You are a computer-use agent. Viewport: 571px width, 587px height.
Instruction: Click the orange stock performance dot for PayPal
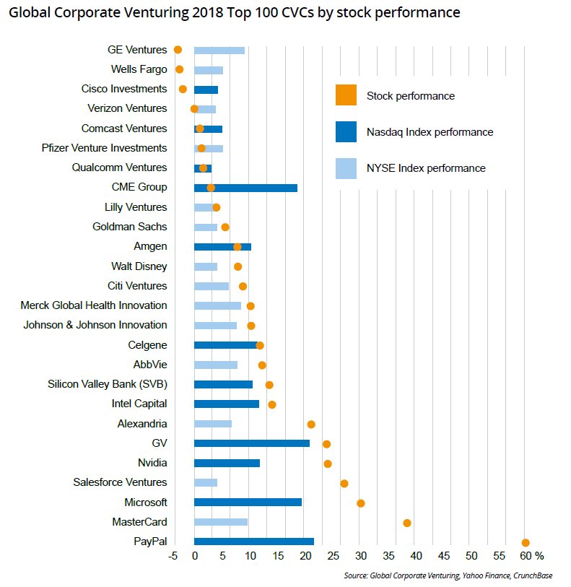click(x=526, y=542)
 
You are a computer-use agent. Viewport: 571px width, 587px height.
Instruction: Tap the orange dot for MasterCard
click(x=407, y=523)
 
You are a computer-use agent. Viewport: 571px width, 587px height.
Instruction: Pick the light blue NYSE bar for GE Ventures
click(x=219, y=50)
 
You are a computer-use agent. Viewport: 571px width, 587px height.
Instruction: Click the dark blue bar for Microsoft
click(x=248, y=503)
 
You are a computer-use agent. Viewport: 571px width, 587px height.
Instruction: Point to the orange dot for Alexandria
click(x=311, y=425)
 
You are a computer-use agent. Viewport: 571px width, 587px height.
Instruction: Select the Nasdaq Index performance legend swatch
click(x=346, y=132)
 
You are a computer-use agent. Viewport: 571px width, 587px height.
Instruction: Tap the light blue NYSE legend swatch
click(x=346, y=168)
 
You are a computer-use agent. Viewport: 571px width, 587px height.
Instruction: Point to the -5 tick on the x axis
click(x=173, y=556)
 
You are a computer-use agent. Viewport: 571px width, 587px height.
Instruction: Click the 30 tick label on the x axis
click(x=360, y=556)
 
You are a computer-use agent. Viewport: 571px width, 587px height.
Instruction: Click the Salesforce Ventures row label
click(x=120, y=482)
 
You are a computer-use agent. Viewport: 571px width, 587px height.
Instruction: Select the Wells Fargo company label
click(x=139, y=69)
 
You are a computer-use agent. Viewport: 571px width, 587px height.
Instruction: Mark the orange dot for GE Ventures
click(x=178, y=50)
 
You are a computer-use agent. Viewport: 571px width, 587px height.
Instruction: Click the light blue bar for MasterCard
click(x=221, y=522)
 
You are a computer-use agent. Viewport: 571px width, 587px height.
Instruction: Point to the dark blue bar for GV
click(x=251, y=443)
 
